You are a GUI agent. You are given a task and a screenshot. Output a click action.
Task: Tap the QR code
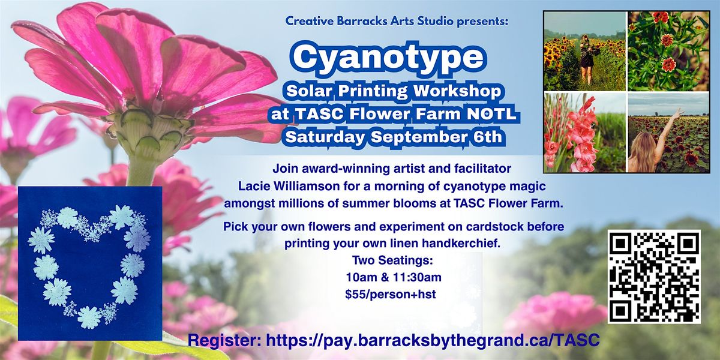click(654, 277)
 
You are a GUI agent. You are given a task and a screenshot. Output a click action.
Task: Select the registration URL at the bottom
click(433, 340)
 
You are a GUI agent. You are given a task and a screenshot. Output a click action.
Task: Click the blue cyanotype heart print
click(90, 263)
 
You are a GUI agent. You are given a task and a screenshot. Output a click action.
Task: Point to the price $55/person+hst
click(391, 294)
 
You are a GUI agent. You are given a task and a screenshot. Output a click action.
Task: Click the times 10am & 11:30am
click(394, 277)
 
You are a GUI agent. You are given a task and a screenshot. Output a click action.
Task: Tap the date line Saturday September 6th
click(394, 137)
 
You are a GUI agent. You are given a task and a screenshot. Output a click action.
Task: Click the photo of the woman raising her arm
click(668, 132)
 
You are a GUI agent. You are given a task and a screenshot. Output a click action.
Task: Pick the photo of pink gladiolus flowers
click(585, 132)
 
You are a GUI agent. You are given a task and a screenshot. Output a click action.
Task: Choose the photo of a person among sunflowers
click(585, 51)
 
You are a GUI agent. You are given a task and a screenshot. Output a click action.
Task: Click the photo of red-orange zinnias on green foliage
click(668, 51)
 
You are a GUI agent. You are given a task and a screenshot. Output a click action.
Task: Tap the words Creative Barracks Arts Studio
click(370, 21)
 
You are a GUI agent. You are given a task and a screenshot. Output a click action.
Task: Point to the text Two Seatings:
click(392, 260)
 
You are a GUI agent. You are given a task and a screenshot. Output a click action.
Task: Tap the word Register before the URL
click(224, 341)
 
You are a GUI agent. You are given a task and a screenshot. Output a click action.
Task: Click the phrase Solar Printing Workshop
click(394, 91)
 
